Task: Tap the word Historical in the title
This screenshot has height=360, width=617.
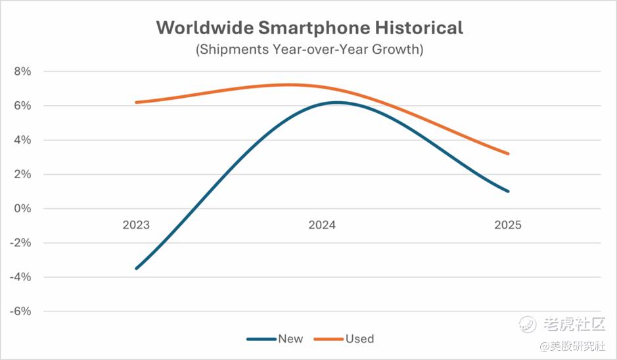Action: coord(420,28)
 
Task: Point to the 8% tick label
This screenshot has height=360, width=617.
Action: coord(22,72)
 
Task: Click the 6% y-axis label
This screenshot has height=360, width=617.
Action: coord(22,106)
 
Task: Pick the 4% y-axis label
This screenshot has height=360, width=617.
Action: coord(22,140)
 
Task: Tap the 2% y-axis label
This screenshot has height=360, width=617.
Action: coord(22,174)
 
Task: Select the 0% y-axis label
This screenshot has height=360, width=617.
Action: coord(22,208)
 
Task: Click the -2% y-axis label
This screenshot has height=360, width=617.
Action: coord(21,242)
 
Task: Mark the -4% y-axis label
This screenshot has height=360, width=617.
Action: coord(21,277)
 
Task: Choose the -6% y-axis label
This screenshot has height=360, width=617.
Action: coord(21,311)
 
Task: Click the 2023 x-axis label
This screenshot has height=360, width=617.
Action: coord(136,225)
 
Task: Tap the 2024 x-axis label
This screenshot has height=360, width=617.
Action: coord(322,225)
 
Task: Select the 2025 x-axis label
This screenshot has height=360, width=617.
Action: coord(508,225)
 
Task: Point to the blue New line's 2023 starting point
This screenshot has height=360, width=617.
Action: coord(136,268)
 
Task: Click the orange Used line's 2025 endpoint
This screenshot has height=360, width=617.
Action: coord(508,154)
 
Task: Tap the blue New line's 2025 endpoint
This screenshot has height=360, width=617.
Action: coord(508,191)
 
